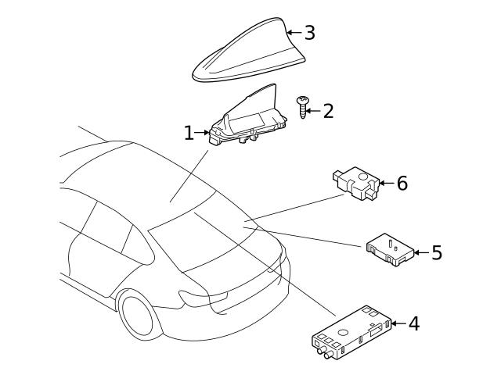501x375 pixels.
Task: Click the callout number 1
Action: click(189, 133)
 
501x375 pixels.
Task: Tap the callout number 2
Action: click(328, 111)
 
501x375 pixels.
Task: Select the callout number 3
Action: click(309, 33)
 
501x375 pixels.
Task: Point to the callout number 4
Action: click(413, 323)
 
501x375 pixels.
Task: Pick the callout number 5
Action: click(436, 252)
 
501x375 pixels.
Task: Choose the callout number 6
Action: click(402, 184)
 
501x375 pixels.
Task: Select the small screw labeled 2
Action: click(302, 105)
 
